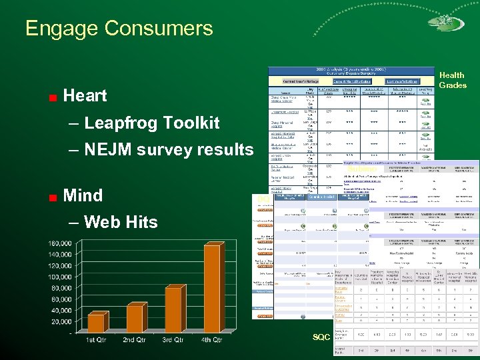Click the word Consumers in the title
160,29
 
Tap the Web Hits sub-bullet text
121,222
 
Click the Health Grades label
453,80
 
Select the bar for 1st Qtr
97,323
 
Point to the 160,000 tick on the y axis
60,243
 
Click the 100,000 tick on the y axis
60,277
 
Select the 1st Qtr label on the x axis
97,340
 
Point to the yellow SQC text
321,337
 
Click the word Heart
85,96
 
